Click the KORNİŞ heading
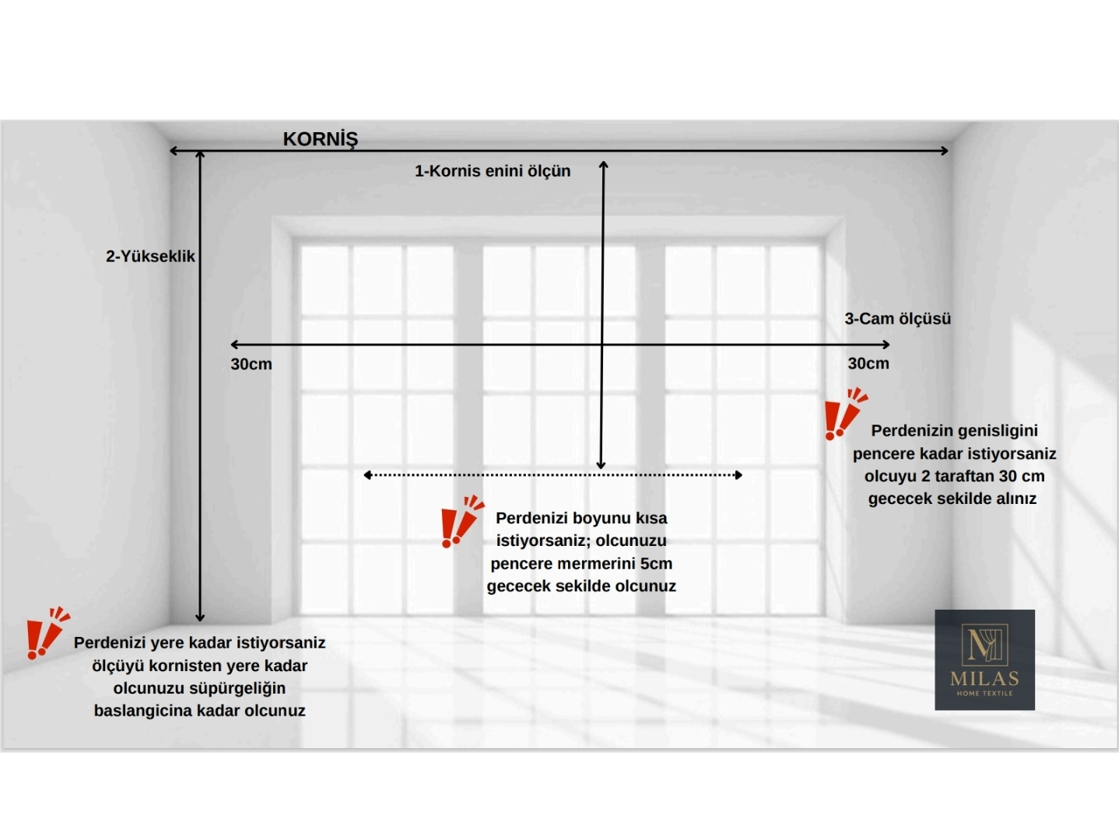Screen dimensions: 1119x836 click(320, 138)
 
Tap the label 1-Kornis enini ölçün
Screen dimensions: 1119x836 click(493, 171)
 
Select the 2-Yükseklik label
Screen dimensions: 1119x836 click(150, 257)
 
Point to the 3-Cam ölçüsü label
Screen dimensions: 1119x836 click(898, 319)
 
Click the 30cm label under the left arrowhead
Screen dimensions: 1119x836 click(251, 364)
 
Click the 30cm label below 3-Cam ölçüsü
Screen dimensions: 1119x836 click(868, 364)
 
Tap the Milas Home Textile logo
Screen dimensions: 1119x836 click(984, 659)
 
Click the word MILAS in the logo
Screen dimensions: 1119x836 click(984, 679)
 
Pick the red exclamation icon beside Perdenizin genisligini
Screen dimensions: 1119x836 click(845, 414)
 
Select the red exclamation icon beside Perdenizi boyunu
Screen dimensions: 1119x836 click(462, 521)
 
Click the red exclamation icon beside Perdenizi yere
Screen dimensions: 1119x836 click(48, 633)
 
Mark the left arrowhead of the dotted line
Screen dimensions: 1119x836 click(367, 475)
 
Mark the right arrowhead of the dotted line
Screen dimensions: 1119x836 click(738, 475)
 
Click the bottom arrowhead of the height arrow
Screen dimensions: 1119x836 click(200, 618)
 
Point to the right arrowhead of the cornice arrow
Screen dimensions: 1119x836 click(944, 150)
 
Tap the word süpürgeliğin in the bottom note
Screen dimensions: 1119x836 click(237, 688)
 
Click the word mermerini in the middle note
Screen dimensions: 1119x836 click(596, 564)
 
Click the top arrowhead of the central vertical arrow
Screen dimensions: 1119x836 click(604, 165)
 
